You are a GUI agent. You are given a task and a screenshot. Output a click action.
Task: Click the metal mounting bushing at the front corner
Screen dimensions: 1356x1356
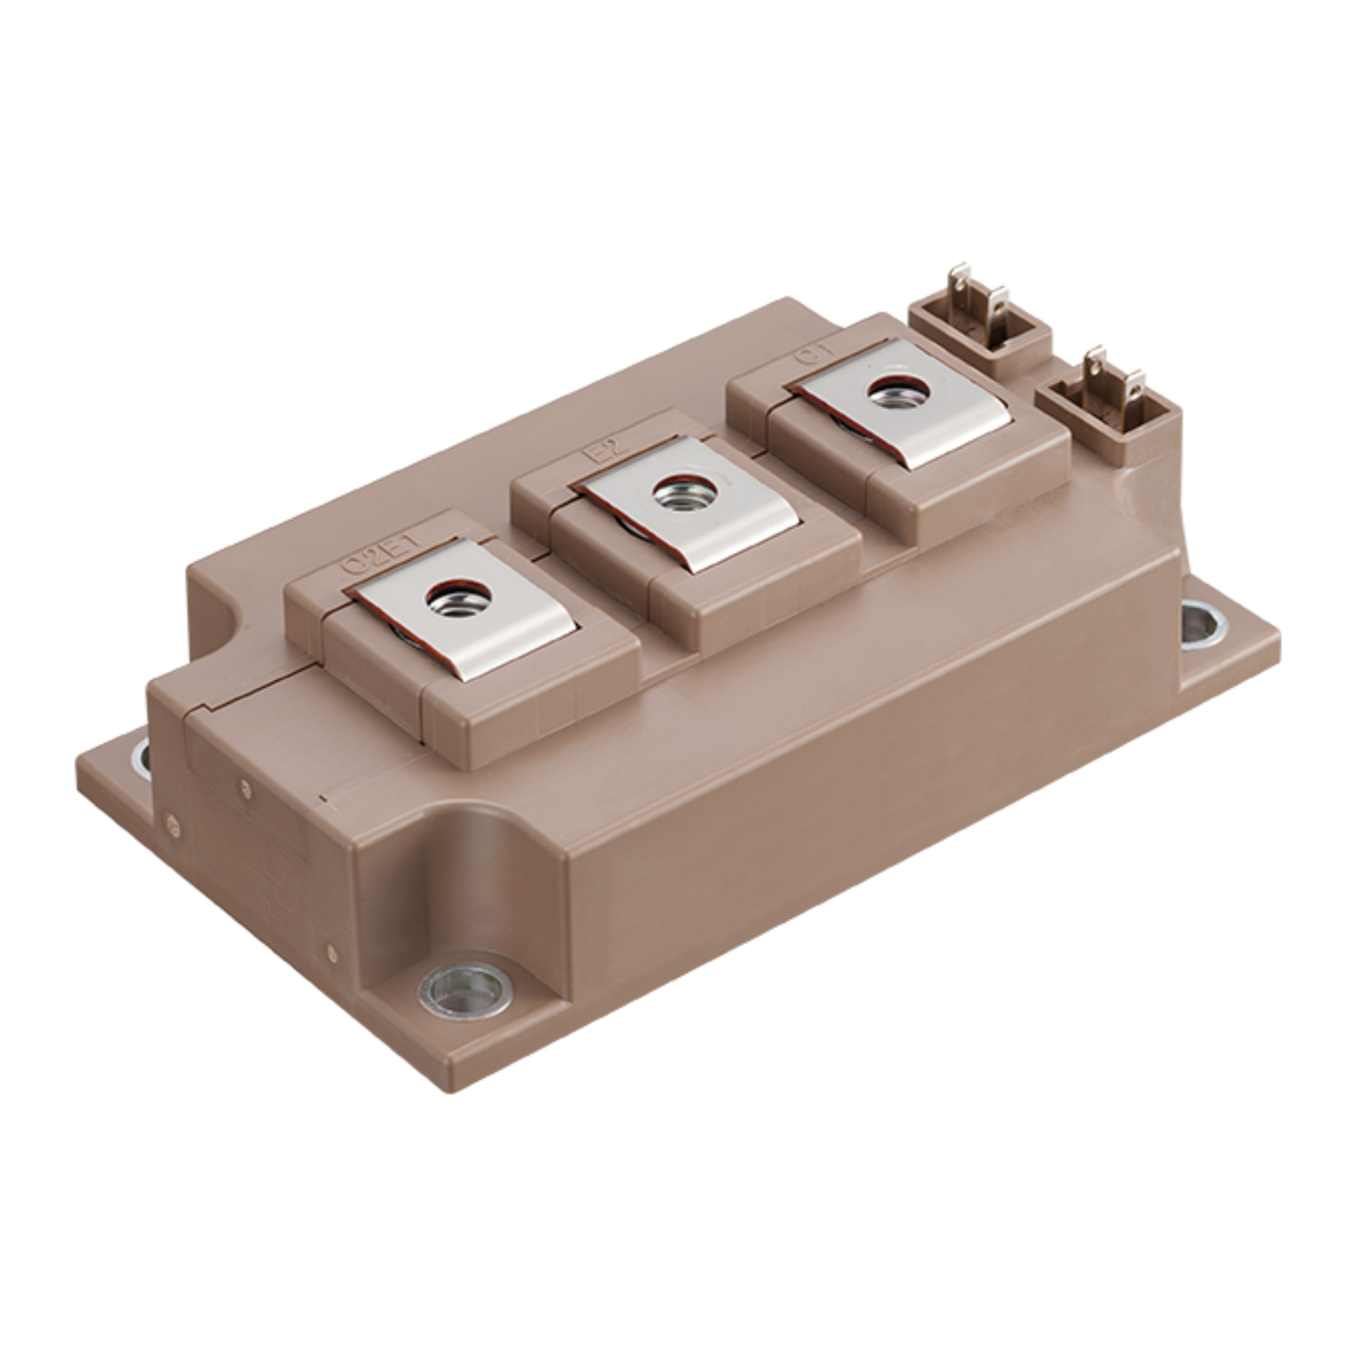click(x=465, y=988)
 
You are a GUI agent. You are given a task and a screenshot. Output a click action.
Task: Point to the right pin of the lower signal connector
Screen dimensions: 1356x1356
click(x=1135, y=384)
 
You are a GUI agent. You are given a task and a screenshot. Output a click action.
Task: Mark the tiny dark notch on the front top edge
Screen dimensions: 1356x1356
click(x=322, y=799)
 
